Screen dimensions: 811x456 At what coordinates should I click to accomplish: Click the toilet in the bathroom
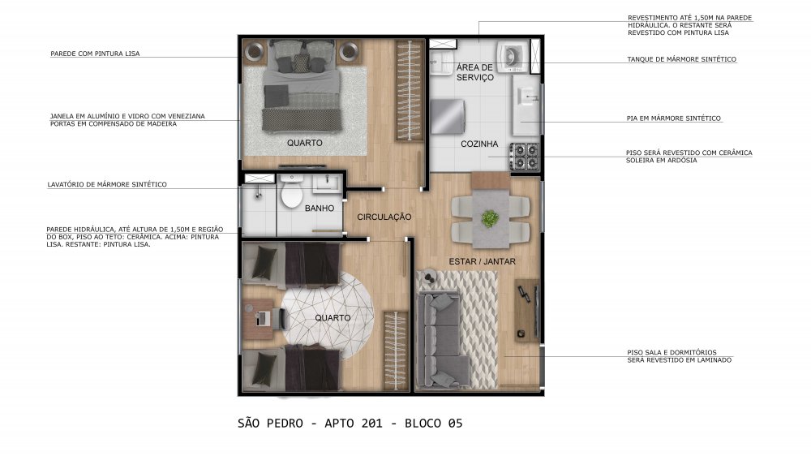click(x=292, y=192)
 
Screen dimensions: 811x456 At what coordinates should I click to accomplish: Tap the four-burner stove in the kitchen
click(x=525, y=157)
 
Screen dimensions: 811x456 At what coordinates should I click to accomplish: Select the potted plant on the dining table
click(x=490, y=218)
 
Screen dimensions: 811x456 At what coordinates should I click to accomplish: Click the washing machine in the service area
click(x=512, y=56)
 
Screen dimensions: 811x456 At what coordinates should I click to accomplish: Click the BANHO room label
click(x=319, y=208)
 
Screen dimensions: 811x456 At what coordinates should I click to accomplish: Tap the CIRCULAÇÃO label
click(x=384, y=217)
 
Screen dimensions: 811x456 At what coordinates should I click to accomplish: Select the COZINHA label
click(x=479, y=144)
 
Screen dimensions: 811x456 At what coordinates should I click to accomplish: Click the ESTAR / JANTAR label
click(x=482, y=261)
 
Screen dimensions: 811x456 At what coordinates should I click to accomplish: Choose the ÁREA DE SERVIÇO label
click(x=474, y=72)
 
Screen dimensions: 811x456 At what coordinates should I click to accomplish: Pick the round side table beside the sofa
click(x=429, y=277)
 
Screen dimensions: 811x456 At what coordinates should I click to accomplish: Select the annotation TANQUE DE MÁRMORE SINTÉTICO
click(x=682, y=59)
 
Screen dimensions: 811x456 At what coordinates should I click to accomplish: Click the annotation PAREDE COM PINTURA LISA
click(x=95, y=54)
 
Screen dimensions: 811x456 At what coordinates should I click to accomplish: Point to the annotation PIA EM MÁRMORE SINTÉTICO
click(x=673, y=118)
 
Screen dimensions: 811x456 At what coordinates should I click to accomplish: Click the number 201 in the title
click(x=372, y=424)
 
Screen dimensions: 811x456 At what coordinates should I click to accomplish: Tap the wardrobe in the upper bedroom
click(x=410, y=91)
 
